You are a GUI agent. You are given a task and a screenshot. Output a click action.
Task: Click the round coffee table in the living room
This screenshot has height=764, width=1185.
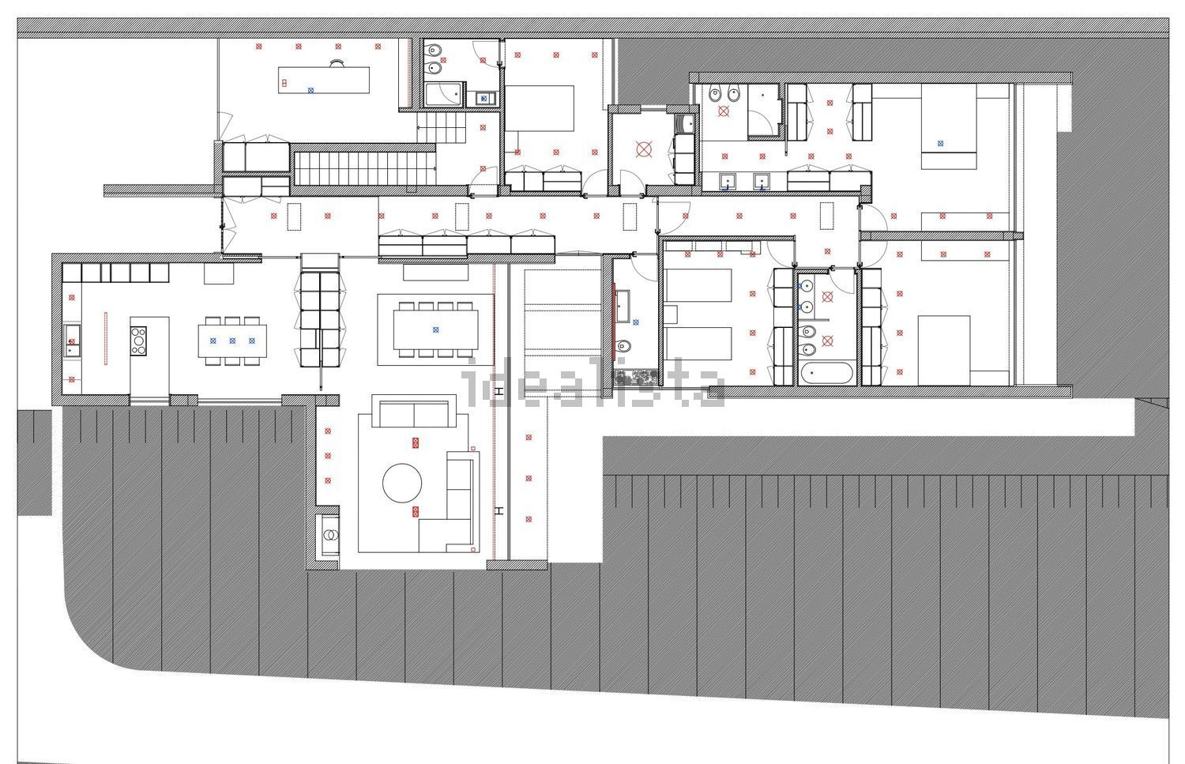point(402,483)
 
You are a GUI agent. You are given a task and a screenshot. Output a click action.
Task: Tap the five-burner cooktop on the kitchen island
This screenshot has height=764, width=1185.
point(138,341)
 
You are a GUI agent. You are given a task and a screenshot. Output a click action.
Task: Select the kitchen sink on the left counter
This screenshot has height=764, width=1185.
point(71,342)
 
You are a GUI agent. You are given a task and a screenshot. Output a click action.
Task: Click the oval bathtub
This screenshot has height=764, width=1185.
point(826,373)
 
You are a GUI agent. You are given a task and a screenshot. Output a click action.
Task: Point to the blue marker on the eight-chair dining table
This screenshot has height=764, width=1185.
point(436,329)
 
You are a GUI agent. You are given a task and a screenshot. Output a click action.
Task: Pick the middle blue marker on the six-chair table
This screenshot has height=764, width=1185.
point(232,341)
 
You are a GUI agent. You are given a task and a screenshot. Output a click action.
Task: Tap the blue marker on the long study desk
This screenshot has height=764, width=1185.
point(310,91)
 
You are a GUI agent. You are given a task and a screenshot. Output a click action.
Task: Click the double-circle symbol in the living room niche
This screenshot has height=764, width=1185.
point(331,536)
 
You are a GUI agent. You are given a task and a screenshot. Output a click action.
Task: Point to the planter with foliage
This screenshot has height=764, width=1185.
point(635,378)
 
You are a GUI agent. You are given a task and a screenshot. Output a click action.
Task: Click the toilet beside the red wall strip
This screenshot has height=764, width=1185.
point(624,346)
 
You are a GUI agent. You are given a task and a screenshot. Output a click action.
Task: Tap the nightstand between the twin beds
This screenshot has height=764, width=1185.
point(671,314)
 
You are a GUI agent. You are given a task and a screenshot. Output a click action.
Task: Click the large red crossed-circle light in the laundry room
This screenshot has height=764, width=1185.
point(644,150)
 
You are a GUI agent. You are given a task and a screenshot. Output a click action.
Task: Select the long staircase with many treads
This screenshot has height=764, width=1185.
point(365,168)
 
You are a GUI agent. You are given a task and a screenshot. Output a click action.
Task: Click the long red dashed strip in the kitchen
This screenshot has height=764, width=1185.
point(106,338)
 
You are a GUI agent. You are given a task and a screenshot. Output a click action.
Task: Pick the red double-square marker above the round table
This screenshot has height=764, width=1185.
point(416,443)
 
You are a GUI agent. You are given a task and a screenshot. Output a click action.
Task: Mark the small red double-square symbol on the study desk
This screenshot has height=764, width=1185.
point(284,83)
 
